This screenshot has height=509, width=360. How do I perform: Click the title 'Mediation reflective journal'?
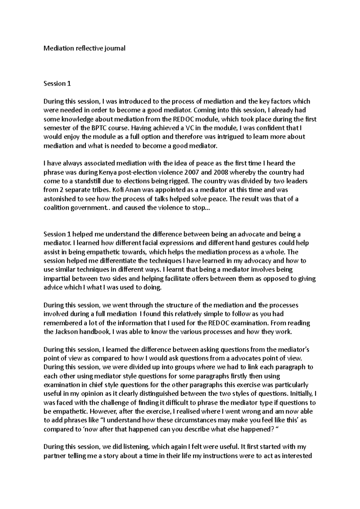pos(84,48)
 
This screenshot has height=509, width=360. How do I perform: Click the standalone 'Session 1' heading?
pos(57,83)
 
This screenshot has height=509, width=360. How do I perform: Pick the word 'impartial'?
pos(56,278)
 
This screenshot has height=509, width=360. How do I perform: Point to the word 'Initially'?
pos(302,394)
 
